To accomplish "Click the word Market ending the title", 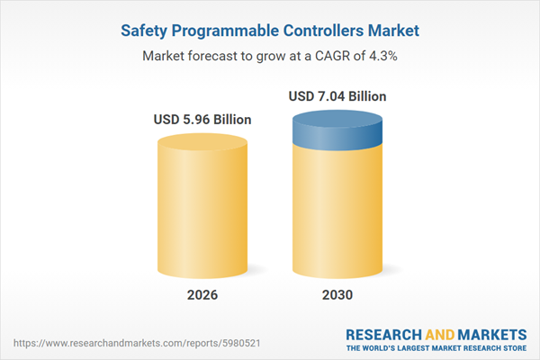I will [393, 31].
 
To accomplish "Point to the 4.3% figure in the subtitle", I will [382, 56].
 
